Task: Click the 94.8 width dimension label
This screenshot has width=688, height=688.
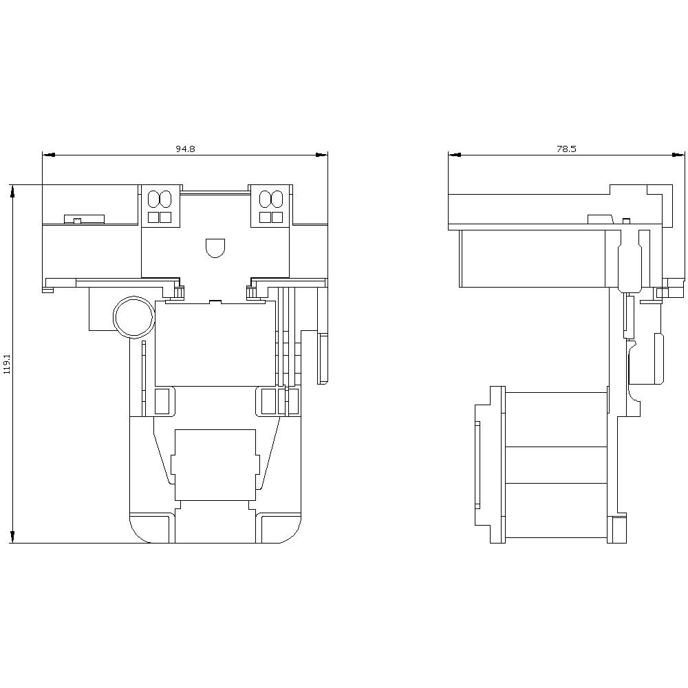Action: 184,149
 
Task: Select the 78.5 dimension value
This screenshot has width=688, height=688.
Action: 566,149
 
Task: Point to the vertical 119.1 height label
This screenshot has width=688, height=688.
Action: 8,364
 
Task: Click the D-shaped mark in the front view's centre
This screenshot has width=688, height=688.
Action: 215,247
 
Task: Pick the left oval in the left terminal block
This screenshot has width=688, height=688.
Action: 153,200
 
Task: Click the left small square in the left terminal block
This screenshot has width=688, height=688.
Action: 153,217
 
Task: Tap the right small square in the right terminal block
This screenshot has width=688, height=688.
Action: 277,217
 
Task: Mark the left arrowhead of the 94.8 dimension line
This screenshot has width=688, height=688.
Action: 47,155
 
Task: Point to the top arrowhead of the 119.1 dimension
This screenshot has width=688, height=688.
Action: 12,191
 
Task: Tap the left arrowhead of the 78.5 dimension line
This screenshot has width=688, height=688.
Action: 453,155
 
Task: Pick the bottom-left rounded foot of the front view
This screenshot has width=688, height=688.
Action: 150,528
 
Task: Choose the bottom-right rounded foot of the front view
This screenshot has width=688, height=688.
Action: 279,528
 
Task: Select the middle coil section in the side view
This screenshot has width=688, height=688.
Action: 556,465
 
